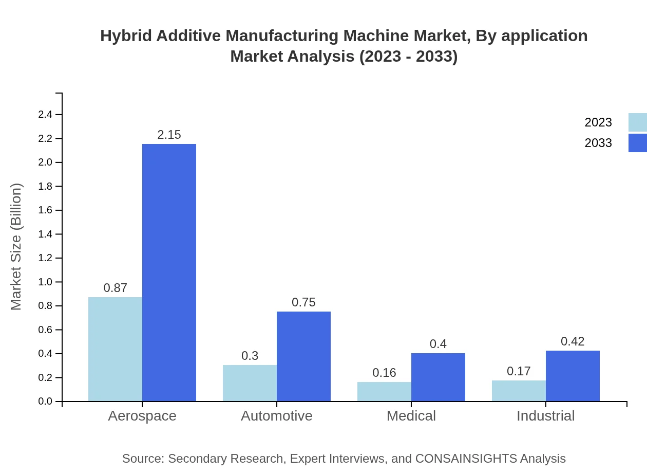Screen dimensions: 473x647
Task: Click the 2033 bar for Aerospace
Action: click(169, 272)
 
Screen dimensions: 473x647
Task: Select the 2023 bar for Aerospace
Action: click(115, 349)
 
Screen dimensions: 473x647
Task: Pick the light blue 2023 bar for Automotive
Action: click(250, 383)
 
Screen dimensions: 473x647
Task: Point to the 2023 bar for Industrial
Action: click(519, 391)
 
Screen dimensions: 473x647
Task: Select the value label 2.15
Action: click(169, 135)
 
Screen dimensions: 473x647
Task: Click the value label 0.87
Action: click(115, 288)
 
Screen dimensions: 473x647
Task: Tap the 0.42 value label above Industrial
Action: click(573, 341)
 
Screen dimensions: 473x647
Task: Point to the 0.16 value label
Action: click(384, 373)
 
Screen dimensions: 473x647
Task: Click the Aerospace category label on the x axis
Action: click(142, 416)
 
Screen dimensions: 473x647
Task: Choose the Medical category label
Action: click(411, 416)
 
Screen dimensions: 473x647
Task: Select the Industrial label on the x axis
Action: click(545, 416)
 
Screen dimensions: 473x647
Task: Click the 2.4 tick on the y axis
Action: click(45, 115)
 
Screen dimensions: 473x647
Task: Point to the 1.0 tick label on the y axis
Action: click(45, 282)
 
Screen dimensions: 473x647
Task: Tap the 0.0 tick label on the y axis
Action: click(45, 402)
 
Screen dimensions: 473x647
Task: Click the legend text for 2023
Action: click(598, 122)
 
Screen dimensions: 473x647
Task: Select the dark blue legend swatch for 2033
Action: click(637, 143)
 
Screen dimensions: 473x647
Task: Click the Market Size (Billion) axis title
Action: click(16, 247)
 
